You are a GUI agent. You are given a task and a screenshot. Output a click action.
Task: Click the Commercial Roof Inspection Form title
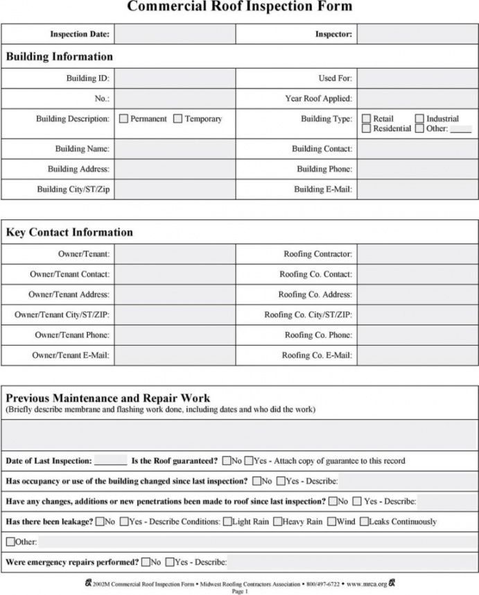[x=239, y=7]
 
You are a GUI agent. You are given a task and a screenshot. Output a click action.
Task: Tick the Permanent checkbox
[x=123, y=119]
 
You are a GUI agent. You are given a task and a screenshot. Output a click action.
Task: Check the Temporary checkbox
[x=178, y=119]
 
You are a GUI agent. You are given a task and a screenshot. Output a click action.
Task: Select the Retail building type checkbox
[x=367, y=119]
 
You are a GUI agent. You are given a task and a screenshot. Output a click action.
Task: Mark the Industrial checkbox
[x=419, y=119]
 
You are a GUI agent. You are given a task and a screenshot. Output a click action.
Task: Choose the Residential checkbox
[x=367, y=128]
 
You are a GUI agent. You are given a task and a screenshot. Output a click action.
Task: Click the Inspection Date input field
[x=174, y=33]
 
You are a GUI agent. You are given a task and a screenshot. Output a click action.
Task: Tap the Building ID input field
[x=174, y=78]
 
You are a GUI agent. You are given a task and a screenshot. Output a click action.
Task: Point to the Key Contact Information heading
[x=69, y=232]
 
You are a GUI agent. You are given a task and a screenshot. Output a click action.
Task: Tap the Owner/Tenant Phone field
[x=174, y=335]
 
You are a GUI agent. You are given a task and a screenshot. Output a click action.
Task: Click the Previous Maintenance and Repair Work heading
[x=108, y=399]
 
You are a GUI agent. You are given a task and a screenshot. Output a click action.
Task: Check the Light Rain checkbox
[x=227, y=521]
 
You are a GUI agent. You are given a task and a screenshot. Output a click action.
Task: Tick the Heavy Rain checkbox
[x=277, y=521]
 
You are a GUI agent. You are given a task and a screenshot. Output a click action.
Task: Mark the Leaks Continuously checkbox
[x=364, y=521]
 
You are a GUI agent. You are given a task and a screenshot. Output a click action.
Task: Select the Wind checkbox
[x=331, y=521]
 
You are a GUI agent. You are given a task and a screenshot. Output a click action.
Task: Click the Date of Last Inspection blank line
[x=110, y=462]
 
